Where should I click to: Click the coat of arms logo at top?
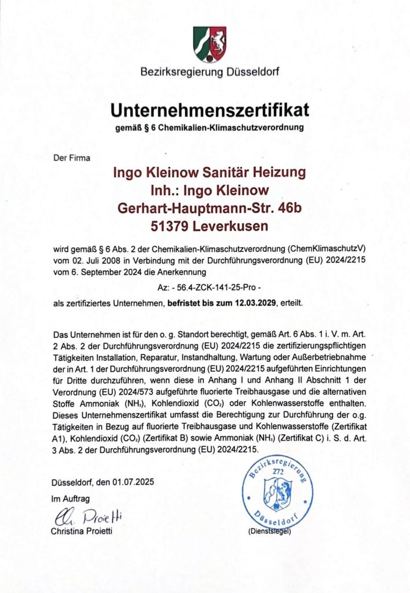click(210, 44)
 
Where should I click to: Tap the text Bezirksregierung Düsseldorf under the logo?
click(210, 72)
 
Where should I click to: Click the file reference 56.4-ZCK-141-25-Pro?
click(210, 285)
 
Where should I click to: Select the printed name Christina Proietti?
click(82, 531)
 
